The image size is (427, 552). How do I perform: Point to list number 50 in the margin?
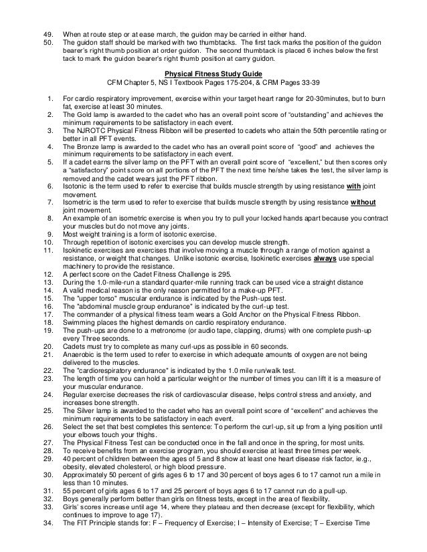pyautogui.click(x=47, y=41)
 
